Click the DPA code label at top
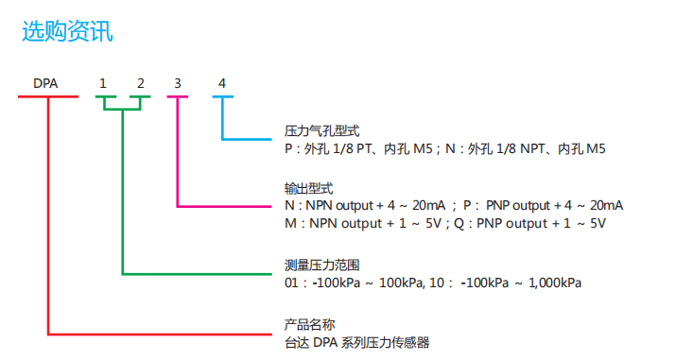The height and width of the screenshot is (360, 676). pyautogui.click(x=45, y=83)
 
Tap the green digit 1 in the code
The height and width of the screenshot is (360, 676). pyautogui.click(x=104, y=83)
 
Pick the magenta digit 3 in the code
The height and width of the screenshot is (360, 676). pyautogui.click(x=177, y=83)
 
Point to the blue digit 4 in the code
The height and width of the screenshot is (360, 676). pyautogui.click(x=222, y=83)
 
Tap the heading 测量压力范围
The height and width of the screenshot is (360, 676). pyautogui.click(x=321, y=265)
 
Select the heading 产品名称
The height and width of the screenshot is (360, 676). pyautogui.click(x=309, y=324)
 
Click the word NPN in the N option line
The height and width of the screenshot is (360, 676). pyautogui.click(x=323, y=206)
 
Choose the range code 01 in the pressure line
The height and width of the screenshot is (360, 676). pyautogui.click(x=291, y=282)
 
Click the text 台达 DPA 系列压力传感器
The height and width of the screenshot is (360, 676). pyautogui.click(x=363, y=342)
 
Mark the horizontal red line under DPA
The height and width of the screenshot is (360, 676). pyautogui.click(x=45, y=97)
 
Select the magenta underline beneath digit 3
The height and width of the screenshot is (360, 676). pyautogui.click(x=177, y=97)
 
